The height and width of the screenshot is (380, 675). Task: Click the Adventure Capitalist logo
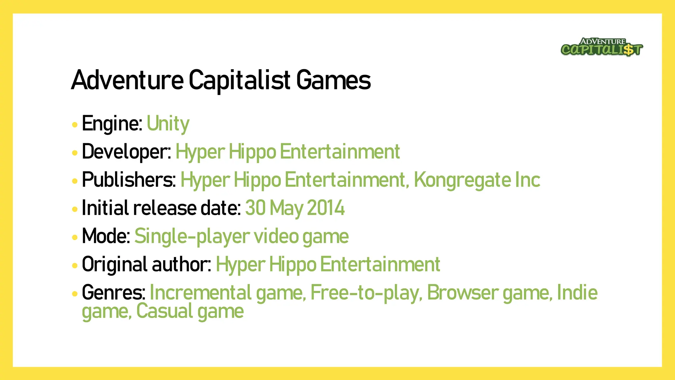(x=602, y=47)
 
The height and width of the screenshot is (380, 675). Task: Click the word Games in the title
(x=333, y=80)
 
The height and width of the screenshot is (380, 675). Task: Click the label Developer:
(x=126, y=152)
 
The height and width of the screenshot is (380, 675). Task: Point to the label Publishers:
(x=129, y=180)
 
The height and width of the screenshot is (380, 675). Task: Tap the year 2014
(x=326, y=208)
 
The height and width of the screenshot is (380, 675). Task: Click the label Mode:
(x=106, y=236)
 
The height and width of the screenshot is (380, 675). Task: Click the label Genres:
(x=114, y=293)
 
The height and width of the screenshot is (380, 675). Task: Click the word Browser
(x=463, y=293)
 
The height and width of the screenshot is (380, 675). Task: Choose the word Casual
(x=164, y=311)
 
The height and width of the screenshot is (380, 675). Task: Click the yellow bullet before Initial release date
(x=75, y=209)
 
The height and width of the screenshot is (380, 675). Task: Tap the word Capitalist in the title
(x=240, y=80)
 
